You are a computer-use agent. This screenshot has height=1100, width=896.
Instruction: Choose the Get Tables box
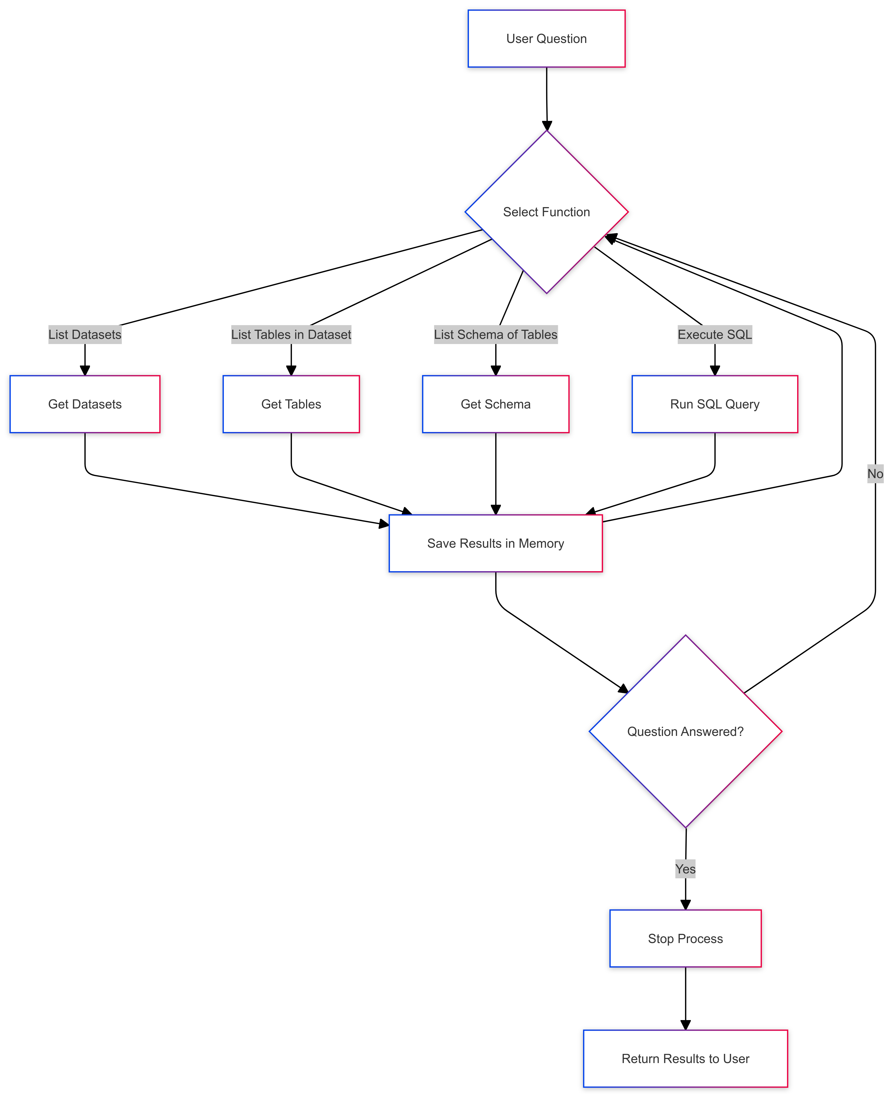coord(291,404)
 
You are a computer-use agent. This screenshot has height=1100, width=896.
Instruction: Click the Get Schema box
coord(495,404)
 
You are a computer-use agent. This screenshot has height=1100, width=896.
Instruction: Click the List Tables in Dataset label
coord(291,334)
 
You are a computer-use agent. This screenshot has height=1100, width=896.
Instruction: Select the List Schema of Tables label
coord(495,334)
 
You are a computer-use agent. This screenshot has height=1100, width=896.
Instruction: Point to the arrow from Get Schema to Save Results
coord(495,472)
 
